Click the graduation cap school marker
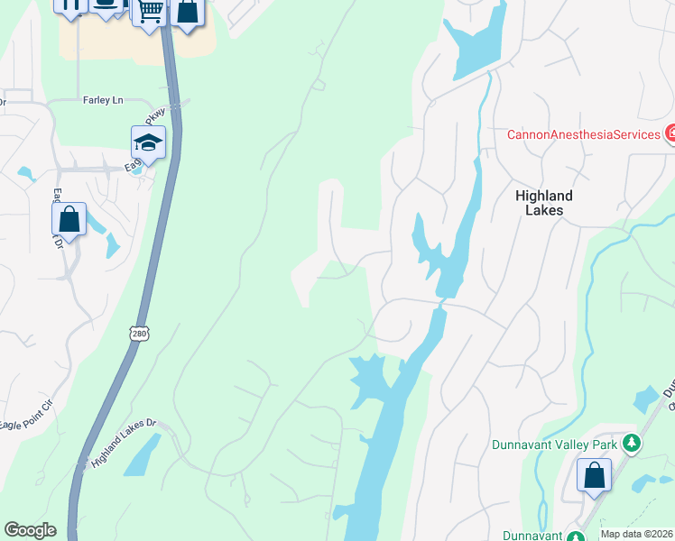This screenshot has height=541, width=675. point(149,142)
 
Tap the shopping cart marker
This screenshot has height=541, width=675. point(150,11)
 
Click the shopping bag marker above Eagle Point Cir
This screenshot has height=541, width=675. point(69,219)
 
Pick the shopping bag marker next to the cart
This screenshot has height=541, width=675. point(187,12)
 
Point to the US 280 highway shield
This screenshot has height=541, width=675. point(138,333)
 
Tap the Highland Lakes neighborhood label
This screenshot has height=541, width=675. point(544,202)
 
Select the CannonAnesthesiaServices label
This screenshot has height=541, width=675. point(583,134)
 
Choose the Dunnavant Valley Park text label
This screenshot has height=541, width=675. point(555,444)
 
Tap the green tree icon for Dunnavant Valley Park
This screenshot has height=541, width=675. point(633,444)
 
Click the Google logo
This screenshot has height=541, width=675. point(30,530)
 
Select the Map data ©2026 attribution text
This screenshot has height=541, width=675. point(636,534)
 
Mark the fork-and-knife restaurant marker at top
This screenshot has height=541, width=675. point(70,5)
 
